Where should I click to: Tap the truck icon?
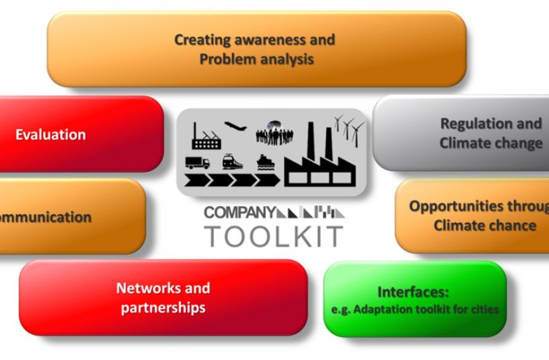click(x=198, y=162)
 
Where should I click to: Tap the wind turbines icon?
click(x=348, y=130)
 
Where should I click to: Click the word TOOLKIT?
click(x=273, y=236)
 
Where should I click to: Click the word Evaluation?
click(x=50, y=135)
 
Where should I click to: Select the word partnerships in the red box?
click(x=163, y=307)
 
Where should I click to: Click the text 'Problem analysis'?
click(x=256, y=59)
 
